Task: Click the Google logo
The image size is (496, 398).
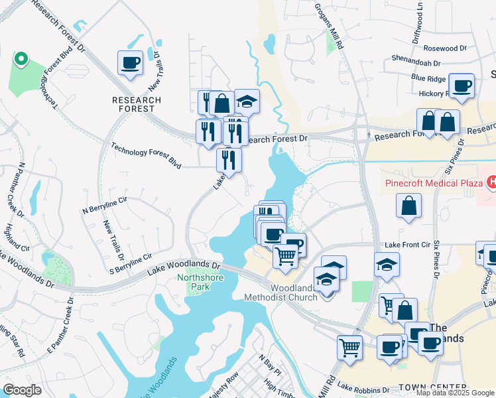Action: (x=21, y=391)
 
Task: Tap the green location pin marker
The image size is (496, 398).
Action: (x=21, y=59)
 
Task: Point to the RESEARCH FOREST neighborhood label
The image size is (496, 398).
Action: (x=137, y=104)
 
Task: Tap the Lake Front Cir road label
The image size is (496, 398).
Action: (x=406, y=245)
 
